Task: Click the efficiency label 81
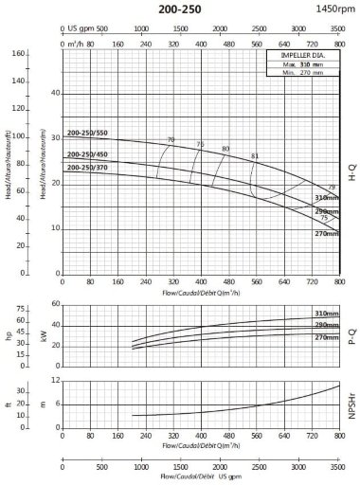(255, 155)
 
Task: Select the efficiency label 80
(225, 149)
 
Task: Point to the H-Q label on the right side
(352, 171)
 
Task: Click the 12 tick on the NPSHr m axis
(56, 381)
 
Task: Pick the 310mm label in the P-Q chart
(326, 314)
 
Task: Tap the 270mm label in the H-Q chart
(326, 233)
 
